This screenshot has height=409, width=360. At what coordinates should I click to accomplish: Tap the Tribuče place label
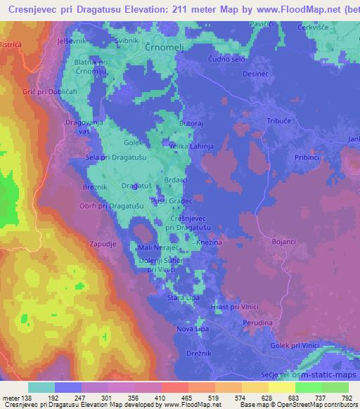pyautogui.click(x=279, y=122)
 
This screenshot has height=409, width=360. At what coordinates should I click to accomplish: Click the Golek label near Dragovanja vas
pyautogui.click(x=114, y=143)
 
